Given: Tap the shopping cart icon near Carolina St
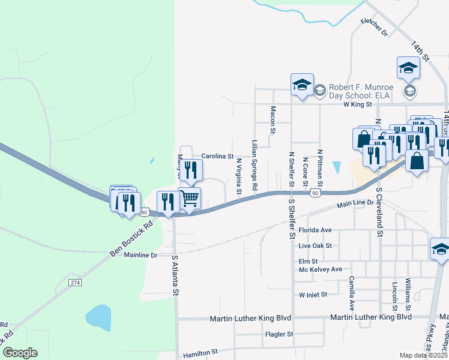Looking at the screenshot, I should coord(189,197).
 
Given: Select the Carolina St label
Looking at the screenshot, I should coord(217,156).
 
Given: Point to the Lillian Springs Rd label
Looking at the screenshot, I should coord(255,166).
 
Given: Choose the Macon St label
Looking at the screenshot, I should coord(273,119).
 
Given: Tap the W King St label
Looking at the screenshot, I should coord(358,104).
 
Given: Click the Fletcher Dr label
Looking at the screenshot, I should coord(375,27).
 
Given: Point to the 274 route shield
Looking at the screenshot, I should coord(74,282).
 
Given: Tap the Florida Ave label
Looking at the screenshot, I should coord(315,230).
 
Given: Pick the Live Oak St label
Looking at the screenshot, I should coord(315,246).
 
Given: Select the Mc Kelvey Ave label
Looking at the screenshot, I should coord(321,269).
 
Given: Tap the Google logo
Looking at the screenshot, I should coord(20,353).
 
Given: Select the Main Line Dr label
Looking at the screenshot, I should coord(355,205).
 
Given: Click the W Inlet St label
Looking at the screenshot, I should coord(313,295).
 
